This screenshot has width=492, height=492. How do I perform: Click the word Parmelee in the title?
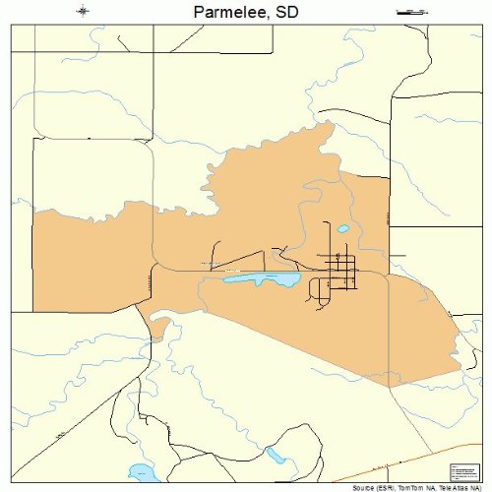[224, 13]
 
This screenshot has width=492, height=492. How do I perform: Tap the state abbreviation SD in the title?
[285, 13]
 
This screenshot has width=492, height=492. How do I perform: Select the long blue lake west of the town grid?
[263, 280]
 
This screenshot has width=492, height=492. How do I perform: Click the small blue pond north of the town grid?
[342, 229]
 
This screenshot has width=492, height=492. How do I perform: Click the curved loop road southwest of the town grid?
[316, 289]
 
